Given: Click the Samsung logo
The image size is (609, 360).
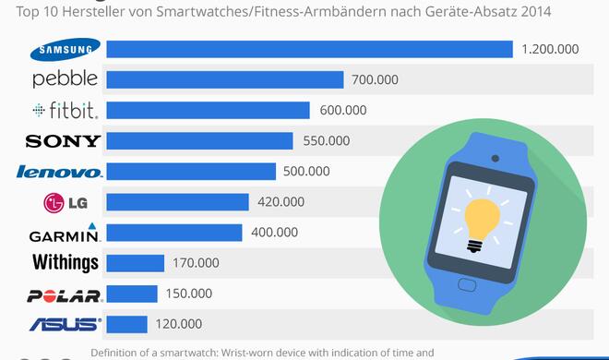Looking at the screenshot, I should tap(64, 49).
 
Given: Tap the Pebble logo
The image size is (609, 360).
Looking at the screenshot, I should tap(64, 79).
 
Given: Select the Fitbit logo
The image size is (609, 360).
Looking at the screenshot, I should tap(64, 110).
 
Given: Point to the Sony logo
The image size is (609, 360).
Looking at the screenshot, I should tap(64, 140).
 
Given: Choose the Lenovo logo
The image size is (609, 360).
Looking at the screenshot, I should tap(60, 172).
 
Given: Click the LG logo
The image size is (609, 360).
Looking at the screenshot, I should tap(65, 202).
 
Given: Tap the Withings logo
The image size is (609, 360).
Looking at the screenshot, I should tap(65, 263).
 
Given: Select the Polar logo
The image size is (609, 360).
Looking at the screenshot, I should tap(65, 294).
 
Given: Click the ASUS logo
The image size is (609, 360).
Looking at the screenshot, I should tap(65, 324).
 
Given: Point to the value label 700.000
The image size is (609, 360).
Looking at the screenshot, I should tap(375, 79).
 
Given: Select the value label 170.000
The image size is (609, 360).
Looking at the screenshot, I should tap(196, 263).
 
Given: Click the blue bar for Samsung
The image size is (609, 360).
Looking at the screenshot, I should tap(309, 49).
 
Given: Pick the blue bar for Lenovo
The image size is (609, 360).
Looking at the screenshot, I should tap(191, 171).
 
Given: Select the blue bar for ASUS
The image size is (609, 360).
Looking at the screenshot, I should tap(127, 324).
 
